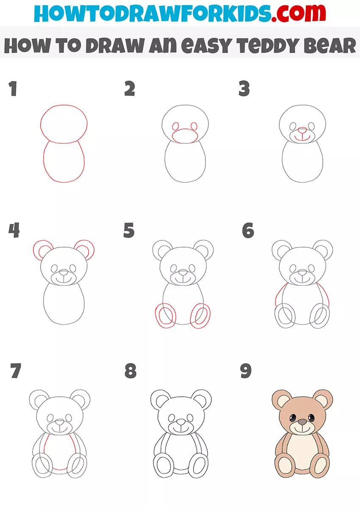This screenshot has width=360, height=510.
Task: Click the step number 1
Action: [x=13, y=89]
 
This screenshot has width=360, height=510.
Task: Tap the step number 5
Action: [x=129, y=230]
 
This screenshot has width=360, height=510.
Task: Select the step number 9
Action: [x=246, y=371]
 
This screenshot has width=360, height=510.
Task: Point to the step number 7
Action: [x=16, y=371]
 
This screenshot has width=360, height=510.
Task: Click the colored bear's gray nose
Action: [x=302, y=422]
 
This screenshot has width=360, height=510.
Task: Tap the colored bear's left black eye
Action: [x=293, y=418]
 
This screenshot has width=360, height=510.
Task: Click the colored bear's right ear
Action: [x=322, y=400]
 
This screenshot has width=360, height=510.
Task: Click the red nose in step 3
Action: [x=302, y=130]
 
